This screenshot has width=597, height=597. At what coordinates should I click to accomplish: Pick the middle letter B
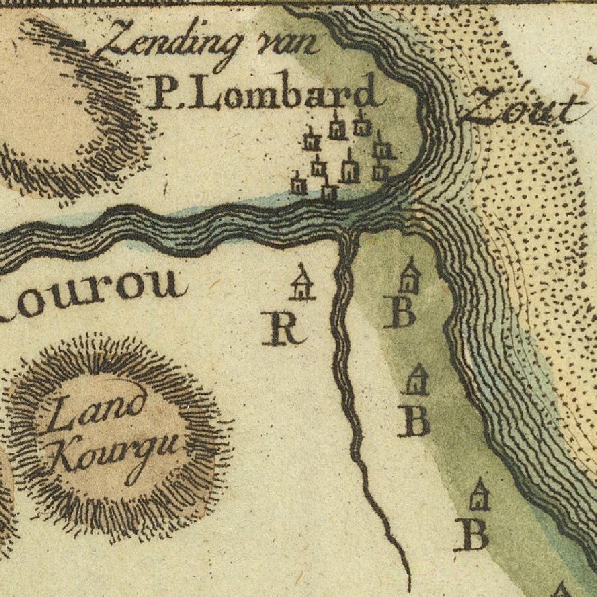(x=414, y=421)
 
